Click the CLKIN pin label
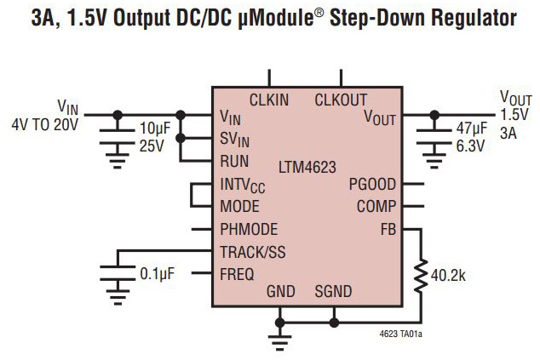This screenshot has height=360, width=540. click(x=269, y=100)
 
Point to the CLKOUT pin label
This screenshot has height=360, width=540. click(x=342, y=100)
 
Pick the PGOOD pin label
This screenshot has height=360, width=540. click(x=372, y=184)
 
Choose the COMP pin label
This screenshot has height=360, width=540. click(x=376, y=206)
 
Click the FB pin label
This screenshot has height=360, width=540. click(x=388, y=228)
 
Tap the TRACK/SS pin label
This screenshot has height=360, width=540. click(x=254, y=252)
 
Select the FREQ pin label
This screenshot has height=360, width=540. click(x=237, y=273)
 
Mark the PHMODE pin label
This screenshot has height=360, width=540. click(x=249, y=229)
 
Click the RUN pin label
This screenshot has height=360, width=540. click(x=234, y=160)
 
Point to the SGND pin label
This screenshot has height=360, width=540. click(x=333, y=291)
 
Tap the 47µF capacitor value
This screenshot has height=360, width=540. click(x=471, y=129)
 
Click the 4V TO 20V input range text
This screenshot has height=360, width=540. click(x=44, y=124)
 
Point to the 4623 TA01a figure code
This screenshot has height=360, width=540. click(x=400, y=333)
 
